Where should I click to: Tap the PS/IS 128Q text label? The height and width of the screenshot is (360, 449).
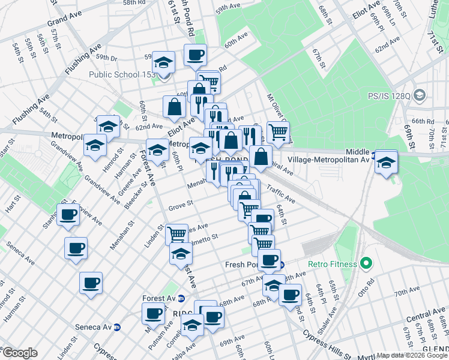[388, 95]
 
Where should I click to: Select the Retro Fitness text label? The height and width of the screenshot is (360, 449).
[332, 264]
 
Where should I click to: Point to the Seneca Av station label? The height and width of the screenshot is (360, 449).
[96, 327]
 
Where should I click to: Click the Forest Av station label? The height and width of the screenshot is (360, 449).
[158, 298]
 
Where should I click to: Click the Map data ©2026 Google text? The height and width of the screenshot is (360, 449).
[412, 355]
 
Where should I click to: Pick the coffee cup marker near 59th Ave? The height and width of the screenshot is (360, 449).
[195, 55]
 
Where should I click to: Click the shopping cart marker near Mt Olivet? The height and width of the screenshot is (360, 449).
[278, 132]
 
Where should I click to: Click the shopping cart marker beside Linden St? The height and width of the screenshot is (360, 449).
[177, 234]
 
